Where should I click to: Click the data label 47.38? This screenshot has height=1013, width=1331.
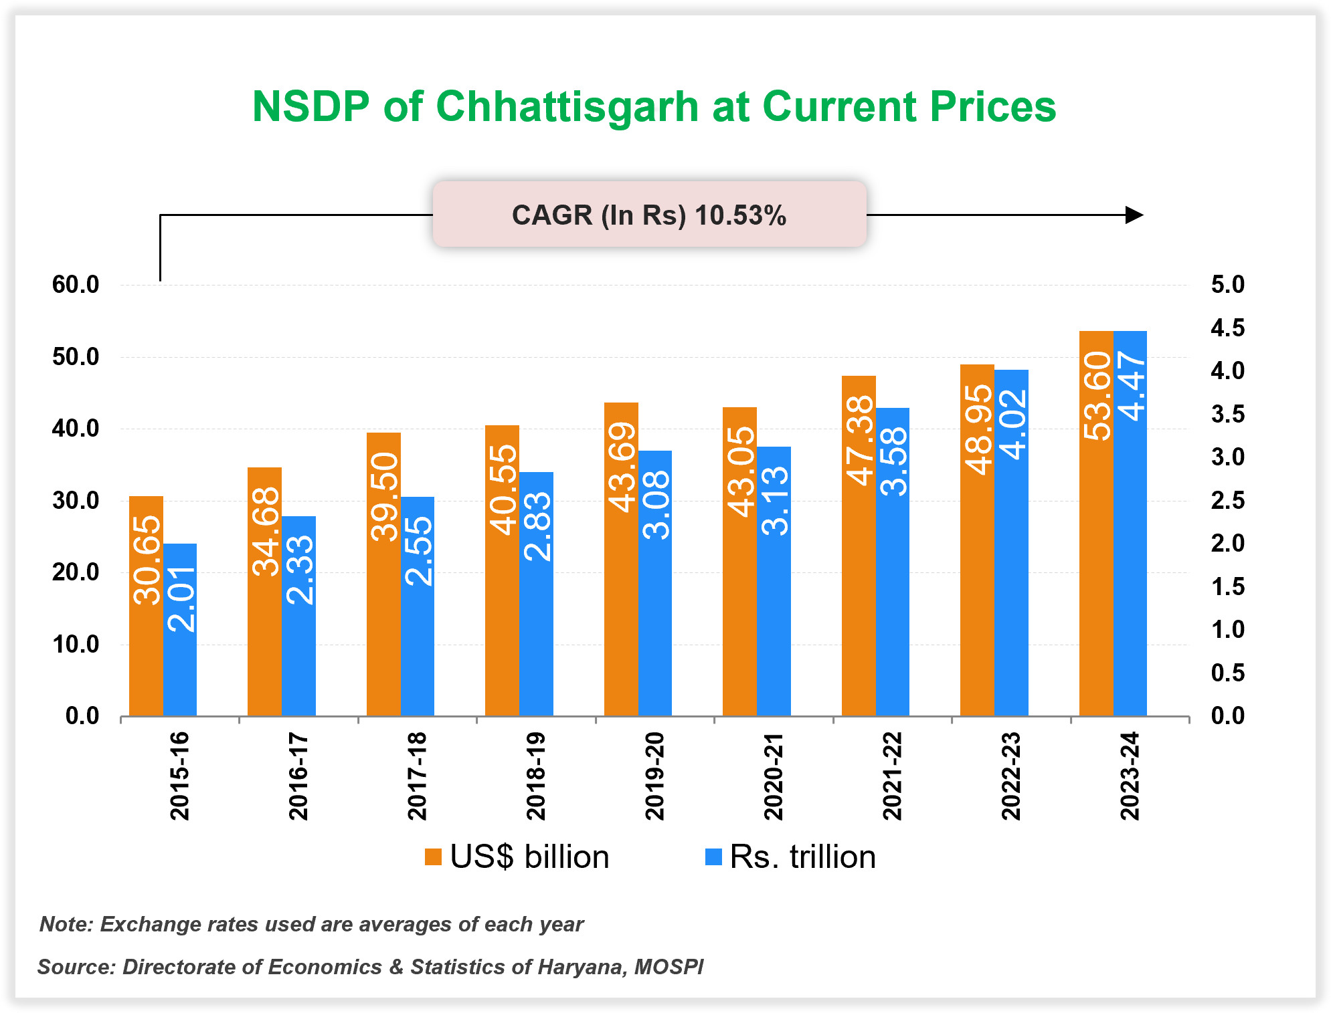pos(859,440)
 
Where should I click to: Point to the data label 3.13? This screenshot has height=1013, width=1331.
pos(775,501)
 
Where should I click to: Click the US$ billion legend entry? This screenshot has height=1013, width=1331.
pos(517,857)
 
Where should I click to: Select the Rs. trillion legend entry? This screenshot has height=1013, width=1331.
pos(790,857)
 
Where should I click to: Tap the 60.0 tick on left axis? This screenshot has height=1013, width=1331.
pos(76,285)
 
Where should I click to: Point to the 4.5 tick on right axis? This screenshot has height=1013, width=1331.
pos(1227,328)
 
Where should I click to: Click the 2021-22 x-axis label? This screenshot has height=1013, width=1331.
pos(892,776)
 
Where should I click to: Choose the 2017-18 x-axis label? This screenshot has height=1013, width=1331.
pos(417,776)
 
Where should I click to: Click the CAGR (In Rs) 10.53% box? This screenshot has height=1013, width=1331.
pos(649,215)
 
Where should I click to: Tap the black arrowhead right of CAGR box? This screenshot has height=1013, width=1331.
pos(1134,215)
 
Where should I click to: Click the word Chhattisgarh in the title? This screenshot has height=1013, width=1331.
pos(567,107)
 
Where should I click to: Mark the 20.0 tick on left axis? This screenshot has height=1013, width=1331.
pos(76,572)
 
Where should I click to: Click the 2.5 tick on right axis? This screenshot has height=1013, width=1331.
pos(1227,500)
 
